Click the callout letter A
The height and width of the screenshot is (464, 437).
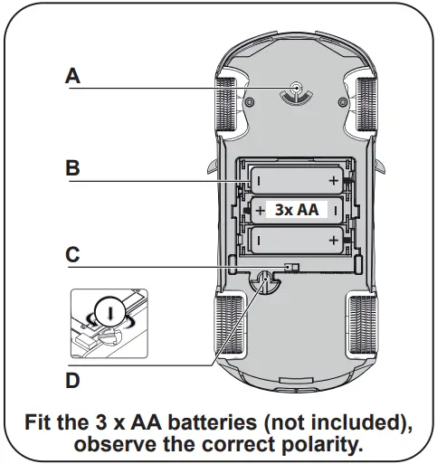tap(73, 77)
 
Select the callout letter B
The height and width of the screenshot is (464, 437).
tap(73, 167)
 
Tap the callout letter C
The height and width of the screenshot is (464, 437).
tap(73, 255)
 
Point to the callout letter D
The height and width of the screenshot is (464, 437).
tap(73, 381)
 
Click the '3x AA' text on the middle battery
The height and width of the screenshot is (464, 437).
tap(296, 210)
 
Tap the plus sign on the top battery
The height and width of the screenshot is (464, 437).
tap(334, 181)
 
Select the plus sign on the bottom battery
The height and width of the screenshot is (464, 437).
tap(334, 240)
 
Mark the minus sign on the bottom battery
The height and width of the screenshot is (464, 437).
tap(258, 240)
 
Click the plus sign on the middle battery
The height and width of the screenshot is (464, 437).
tap(260, 211)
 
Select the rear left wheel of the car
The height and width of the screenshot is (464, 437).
tap(226, 323)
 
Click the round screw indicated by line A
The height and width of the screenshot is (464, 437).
tap(297, 88)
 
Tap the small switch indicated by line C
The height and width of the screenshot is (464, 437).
tap(290, 268)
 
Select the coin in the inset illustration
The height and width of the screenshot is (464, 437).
tap(109, 312)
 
